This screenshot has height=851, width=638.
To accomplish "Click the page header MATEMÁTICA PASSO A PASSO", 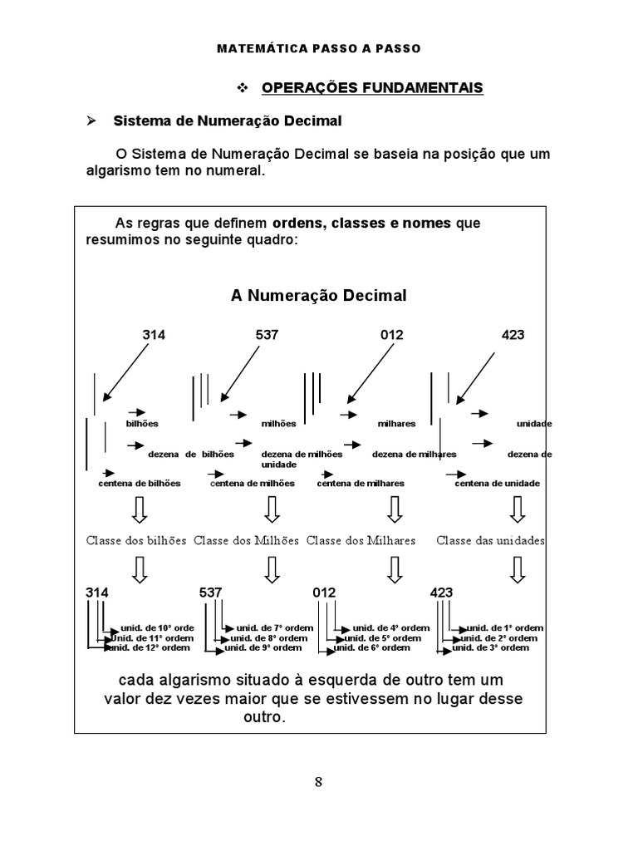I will [319, 48].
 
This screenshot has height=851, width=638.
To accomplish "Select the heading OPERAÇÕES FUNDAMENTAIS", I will [372, 87].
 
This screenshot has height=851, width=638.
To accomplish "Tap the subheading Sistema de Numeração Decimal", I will [227, 121].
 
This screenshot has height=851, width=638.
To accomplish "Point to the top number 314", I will [154, 335].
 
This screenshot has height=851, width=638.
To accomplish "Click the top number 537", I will [267, 335].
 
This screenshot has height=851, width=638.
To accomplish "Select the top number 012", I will [392, 335].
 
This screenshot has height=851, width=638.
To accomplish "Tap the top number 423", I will [513, 335].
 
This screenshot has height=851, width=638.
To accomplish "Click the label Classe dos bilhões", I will [137, 540].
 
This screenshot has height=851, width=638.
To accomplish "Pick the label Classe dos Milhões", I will [247, 540].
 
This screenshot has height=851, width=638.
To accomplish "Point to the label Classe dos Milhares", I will [361, 540].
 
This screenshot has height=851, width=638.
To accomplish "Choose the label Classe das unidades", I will [491, 540].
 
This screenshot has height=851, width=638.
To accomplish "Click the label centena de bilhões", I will [139, 483].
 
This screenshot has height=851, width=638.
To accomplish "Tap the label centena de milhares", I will [361, 483].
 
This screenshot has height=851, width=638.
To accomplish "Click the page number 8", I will [319, 781].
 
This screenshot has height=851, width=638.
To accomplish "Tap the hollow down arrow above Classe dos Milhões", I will [271, 509].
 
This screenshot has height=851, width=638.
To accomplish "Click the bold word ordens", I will [300, 224].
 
